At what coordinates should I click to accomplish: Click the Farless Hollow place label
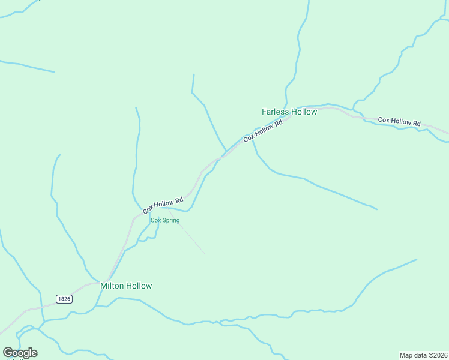click(x=289, y=112)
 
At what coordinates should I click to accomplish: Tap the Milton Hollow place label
click(x=126, y=286)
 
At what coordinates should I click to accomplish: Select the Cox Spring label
click(x=165, y=220)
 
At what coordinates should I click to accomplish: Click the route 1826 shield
click(x=65, y=299)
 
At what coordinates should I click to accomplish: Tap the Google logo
click(x=20, y=353)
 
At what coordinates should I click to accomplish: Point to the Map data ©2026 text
click(x=423, y=355)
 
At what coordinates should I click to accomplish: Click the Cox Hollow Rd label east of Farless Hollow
click(x=399, y=121)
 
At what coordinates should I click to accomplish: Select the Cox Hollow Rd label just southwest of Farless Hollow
click(x=263, y=131)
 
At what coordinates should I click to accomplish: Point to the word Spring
click(x=170, y=220)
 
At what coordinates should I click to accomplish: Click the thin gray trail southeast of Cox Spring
click(x=189, y=237)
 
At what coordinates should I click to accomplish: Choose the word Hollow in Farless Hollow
click(x=303, y=112)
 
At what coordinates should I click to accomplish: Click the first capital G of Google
click(x=8, y=353)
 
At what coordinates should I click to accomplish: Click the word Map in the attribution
click(x=406, y=355)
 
